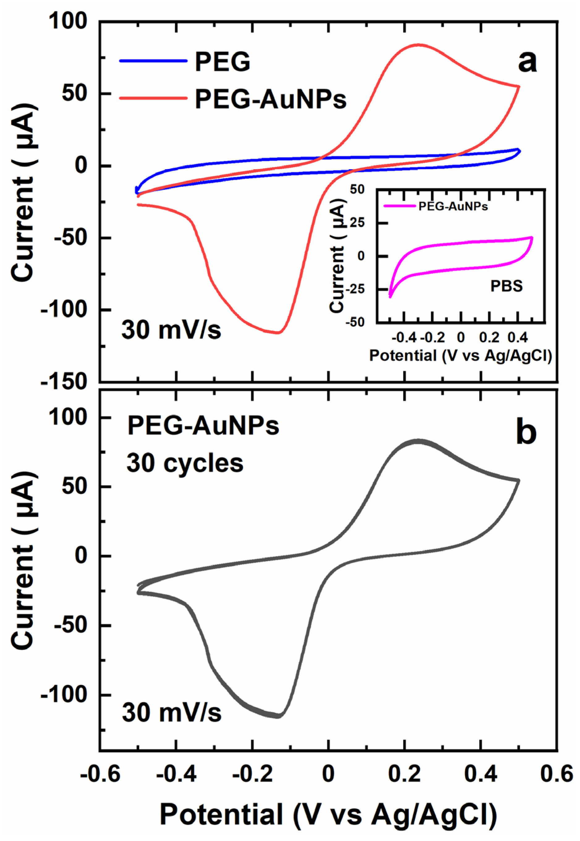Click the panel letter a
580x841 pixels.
coord(527,62)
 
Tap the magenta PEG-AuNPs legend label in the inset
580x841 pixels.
coord(453,207)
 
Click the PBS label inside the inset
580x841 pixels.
coord(506,287)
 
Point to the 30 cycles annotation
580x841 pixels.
coord(185,463)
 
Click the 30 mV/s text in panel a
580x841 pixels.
coord(171,331)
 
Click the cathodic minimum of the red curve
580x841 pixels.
coord(278,333)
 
